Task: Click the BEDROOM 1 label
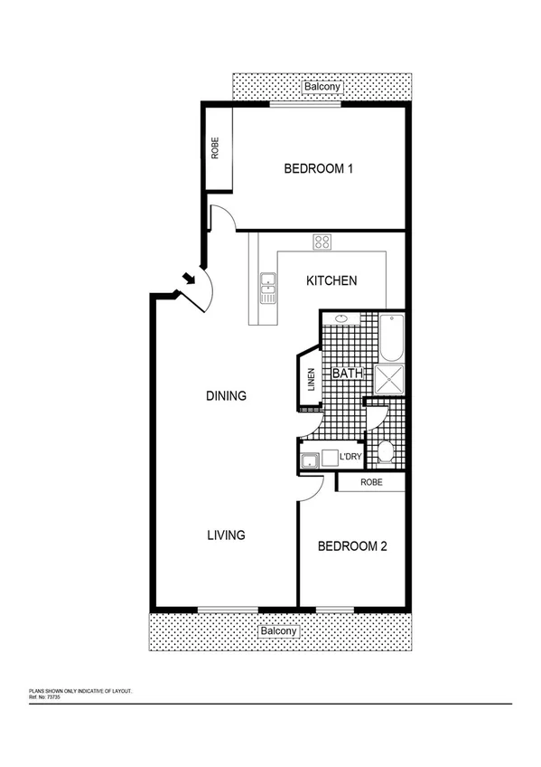[318, 168]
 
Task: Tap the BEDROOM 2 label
[353, 546]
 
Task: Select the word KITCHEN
[331, 280]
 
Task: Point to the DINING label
[226, 395]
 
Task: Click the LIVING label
[226, 535]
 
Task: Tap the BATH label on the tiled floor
[347, 373]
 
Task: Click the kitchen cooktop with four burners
[322, 241]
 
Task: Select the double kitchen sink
[268, 289]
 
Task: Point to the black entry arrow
[189, 278]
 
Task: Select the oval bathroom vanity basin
[341, 318]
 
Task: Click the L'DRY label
[350, 458]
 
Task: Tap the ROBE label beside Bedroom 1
[215, 148]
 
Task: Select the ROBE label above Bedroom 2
[371, 483]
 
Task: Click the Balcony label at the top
[321, 87]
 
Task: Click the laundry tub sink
[309, 459]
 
